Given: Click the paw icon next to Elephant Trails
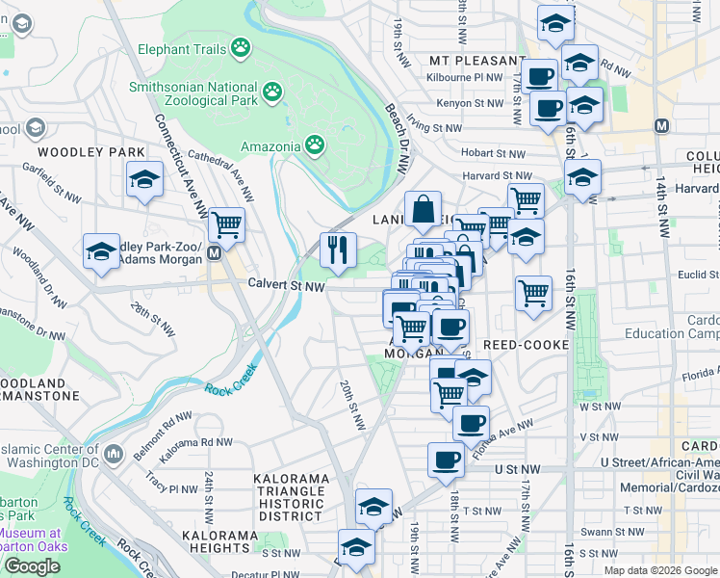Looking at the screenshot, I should pyautogui.click(x=241, y=47).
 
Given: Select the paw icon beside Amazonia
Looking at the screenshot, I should pyautogui.click(x=315, y=144).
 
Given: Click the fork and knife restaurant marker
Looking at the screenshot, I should pyautogui.click(x=338, y=250).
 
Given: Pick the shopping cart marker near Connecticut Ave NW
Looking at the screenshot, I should pyautogui.click(x=226, y=224).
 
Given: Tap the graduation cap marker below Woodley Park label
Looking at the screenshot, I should pyautogui.click(x=144, y=179).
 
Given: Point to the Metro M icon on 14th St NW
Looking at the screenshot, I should pyautogui.click(x=661, y=126).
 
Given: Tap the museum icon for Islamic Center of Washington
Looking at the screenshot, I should pyautogui.click(x=113, y=453).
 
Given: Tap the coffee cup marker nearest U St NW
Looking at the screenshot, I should pyautogui.click(x=446, y=460).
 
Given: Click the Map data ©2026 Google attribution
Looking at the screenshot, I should pyautogui.click(x=659, y=570).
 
